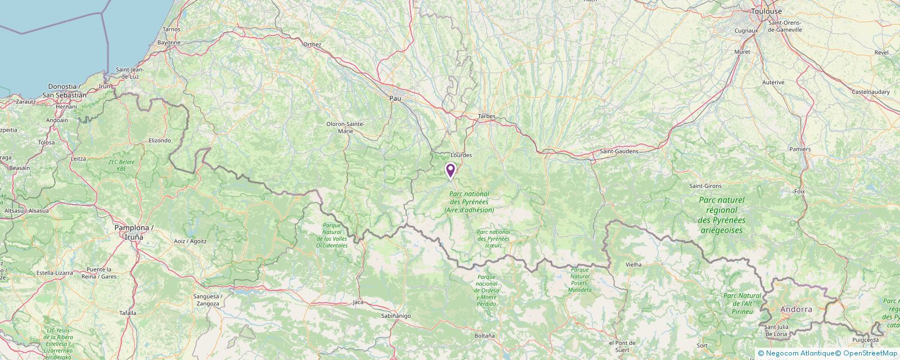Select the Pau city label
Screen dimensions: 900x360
tap(395, 98)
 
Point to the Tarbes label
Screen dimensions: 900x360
tap(486, 116)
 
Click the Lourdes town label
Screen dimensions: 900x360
tap(461, 155)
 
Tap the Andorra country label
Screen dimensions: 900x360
tap(796, 309)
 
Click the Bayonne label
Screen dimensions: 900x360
tap(169, 42)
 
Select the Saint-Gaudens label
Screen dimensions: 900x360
tap(619, 151)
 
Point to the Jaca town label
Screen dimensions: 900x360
tap(358, 302)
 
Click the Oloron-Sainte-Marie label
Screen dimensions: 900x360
tap(345, 127)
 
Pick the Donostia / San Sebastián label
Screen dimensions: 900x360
tap(67, 91)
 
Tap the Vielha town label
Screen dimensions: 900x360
tap(633, 264)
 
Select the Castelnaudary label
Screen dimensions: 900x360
tap(871, 91)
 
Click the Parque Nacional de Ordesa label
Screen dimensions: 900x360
tap(487, 290)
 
